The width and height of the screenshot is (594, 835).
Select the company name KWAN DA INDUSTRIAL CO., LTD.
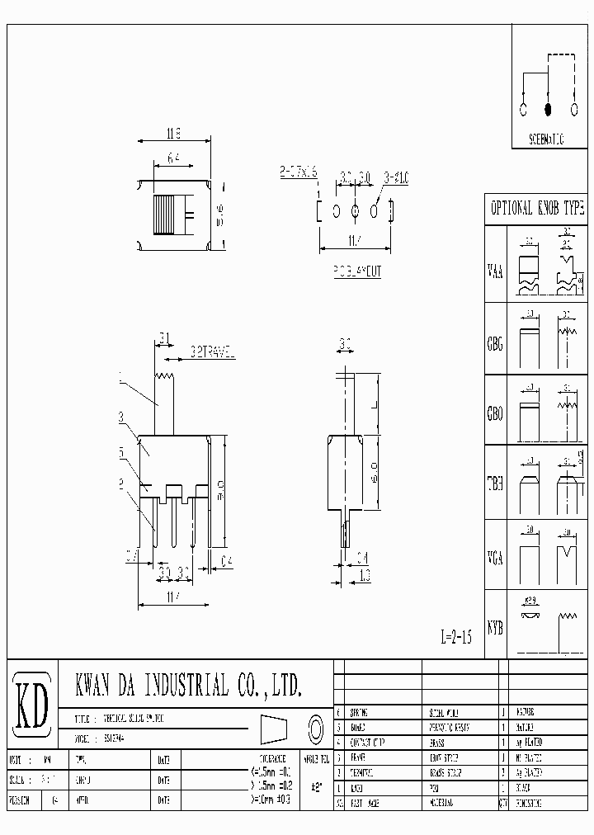(188, 685)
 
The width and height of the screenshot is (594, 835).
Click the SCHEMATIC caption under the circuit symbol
(536, 139)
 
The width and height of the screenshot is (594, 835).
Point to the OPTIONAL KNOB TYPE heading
(537, 209)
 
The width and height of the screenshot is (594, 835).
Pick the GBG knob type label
(495, 342)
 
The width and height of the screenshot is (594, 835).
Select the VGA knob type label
(495, 555)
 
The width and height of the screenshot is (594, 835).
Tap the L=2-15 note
(455, 638)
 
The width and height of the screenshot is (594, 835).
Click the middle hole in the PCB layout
(355, 212)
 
